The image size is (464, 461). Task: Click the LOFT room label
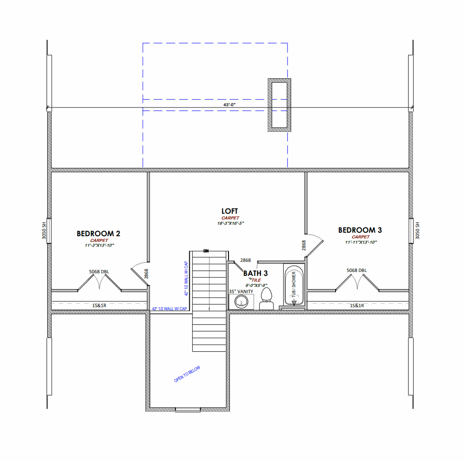coord(230,212)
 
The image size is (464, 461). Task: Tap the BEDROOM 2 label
coord(98,234)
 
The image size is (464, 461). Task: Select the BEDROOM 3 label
coord(360,230)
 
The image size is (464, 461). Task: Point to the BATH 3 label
coord(255,274)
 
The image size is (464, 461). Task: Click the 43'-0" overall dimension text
coord(229,105)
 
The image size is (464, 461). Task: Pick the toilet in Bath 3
coord(266,299)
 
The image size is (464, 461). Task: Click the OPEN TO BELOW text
coord(187,374)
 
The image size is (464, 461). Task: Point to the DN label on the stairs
coord(206,251)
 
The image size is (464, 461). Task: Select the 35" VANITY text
coord(241,291)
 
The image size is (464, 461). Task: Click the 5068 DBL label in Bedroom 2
coord(98,271)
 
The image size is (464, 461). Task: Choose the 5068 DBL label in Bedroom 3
coord(356,271)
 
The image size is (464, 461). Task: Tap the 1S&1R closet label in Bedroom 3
coord(356,305)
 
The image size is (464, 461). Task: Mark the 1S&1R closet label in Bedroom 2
coord(99,305)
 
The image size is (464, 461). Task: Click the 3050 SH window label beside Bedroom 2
coord(44,230)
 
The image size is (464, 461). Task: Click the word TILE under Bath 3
coord(256,280)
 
